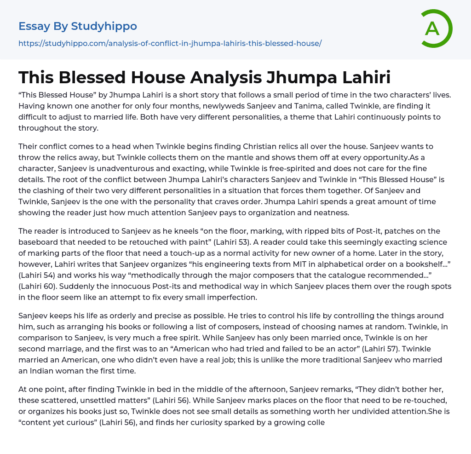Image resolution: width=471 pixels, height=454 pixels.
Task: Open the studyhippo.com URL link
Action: point(170,43)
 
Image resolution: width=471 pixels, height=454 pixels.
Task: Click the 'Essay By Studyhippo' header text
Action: point(78,26)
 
